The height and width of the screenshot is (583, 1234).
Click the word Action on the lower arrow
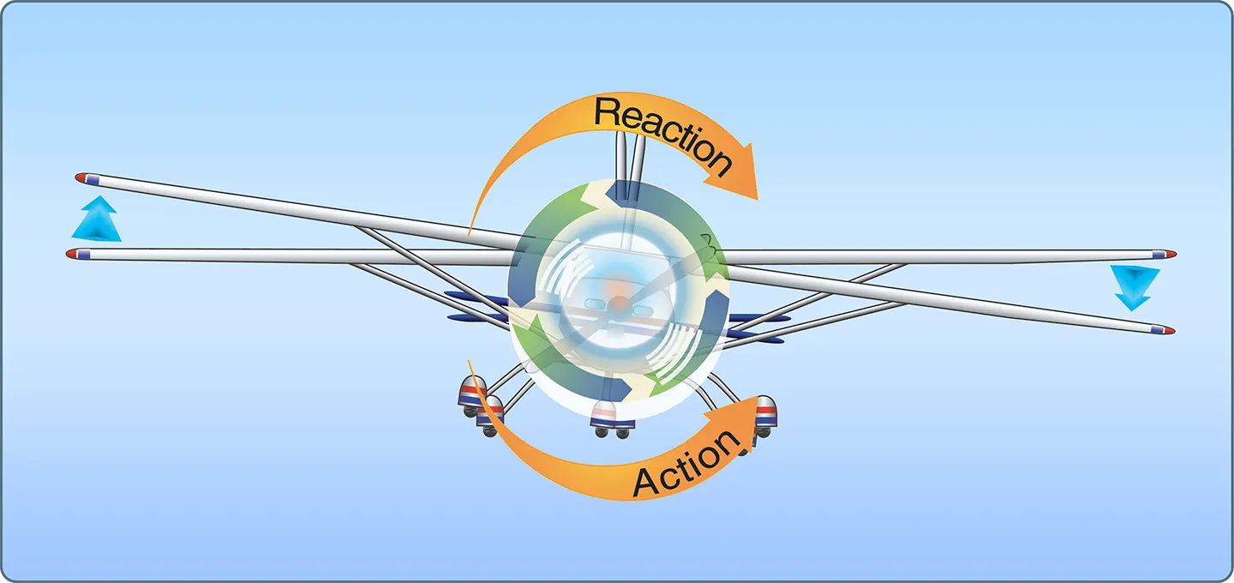686,462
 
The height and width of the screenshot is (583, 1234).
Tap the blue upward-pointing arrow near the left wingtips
97,219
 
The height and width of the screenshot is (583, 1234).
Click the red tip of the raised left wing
81,177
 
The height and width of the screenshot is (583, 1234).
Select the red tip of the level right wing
1171,254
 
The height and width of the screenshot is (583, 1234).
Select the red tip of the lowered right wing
1169,331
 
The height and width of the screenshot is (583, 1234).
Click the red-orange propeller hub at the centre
620,303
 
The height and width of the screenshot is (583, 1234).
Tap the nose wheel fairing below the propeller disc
605,414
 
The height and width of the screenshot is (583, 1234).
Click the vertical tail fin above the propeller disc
630,165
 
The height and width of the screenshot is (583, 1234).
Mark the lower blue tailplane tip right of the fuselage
755,338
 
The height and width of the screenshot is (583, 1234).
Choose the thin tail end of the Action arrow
470,364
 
